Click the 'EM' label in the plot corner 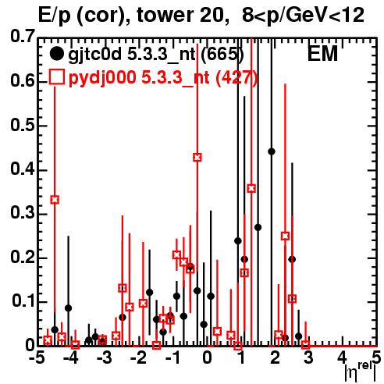point(322,54)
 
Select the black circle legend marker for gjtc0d point(56,54)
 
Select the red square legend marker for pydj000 point(56,77)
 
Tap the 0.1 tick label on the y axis point(23,300)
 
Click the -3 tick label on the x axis point(105,357)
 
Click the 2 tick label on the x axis point(275,357)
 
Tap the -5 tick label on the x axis point(37,357)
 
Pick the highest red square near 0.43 point(197,157)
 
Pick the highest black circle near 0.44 point(272,151)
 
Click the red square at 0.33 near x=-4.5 point(55,200)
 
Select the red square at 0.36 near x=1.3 point(251,188)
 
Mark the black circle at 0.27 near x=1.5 point(258,227)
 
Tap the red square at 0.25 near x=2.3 point(285,236)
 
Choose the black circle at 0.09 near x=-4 point(68,308)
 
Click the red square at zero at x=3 point(306,345)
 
